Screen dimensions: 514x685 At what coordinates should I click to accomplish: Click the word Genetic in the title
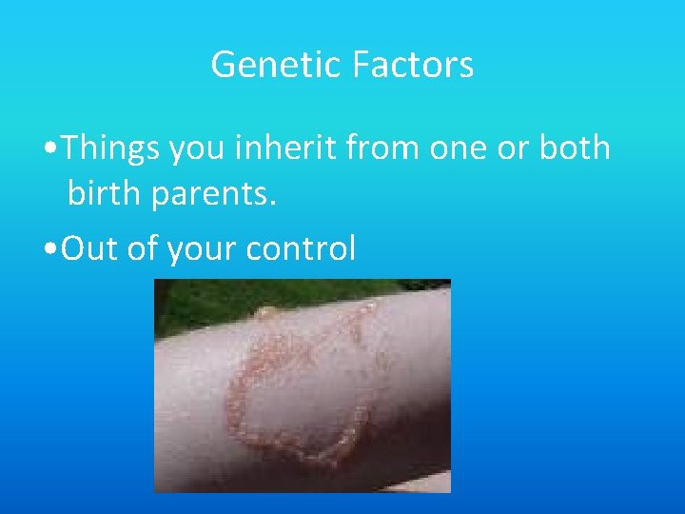(x=277, y=65)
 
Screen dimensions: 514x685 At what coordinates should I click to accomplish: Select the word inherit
(x=302, y=148)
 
